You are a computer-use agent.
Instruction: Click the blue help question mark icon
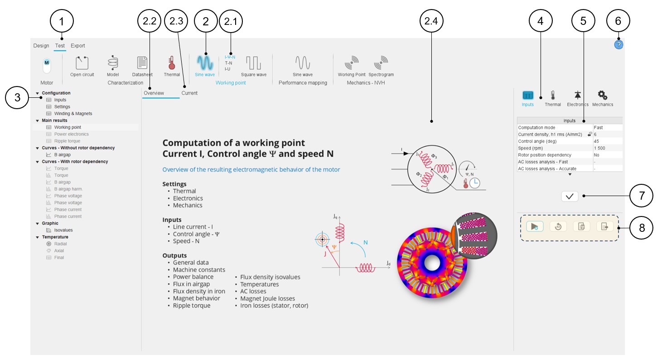pos(619,44)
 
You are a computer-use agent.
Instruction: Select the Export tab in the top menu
pos(77,46)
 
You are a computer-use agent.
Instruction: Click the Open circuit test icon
pos(82,63)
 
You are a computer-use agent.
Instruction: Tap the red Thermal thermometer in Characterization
pos(172,63)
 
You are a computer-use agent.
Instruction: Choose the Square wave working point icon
pos(254,63)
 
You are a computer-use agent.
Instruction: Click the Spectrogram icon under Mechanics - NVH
pos(381,63)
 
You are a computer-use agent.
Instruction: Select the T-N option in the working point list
pos(229,63)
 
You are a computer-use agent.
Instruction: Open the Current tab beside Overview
pos(189,93)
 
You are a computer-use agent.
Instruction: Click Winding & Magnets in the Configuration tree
pos(73,114)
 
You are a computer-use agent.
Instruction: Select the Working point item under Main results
pos(68,127)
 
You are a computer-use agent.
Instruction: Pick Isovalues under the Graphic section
pos(63,230)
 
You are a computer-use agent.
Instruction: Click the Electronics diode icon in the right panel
pos(577,96)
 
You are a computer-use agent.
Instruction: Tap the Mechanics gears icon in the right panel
pos(602,96)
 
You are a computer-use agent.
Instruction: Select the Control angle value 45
pos(597,141)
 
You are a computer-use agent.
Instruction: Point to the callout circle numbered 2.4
pos(431,21)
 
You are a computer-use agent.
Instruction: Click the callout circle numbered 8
pos(641,228)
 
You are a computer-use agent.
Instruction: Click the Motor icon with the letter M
pos(46,63)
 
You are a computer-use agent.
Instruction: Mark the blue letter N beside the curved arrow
pos(365,243)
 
